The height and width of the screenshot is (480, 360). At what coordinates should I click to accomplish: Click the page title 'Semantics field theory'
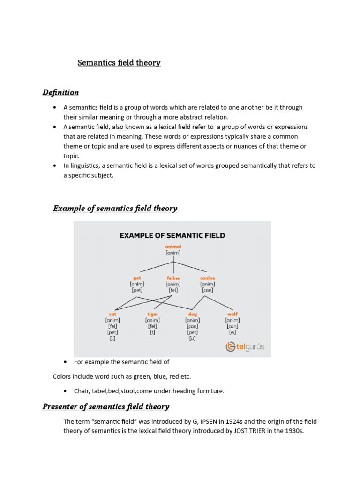coord(119,63)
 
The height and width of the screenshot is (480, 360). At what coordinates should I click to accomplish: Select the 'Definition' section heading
coord(60,92)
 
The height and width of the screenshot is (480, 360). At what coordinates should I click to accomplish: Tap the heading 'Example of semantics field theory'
coord(115,208)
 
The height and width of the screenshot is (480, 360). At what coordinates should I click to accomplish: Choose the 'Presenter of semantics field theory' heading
coord(106,406)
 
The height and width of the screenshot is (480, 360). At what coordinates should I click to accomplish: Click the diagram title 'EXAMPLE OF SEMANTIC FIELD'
coord(172,235)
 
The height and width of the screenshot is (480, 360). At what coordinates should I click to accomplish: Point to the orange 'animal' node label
coord(173,247)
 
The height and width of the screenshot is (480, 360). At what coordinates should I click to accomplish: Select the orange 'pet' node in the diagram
coord(137,278)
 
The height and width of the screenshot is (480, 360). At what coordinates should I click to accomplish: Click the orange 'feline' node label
coord(173,278)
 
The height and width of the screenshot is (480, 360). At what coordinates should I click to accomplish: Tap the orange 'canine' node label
coord(208,278)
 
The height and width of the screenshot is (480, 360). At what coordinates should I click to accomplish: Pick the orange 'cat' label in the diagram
coord(112,314)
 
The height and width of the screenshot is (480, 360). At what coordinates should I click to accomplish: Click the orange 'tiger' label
coord(152,314)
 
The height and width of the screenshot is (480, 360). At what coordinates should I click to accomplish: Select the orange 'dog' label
coord(192,314)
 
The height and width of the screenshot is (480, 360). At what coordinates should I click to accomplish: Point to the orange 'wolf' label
coord(232,314)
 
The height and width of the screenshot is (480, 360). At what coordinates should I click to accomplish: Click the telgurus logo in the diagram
coord(245,347)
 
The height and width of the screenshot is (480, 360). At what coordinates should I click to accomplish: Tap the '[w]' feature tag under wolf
coord(232,332)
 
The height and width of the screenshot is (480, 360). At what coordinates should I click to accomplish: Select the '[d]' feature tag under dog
coord(192,338)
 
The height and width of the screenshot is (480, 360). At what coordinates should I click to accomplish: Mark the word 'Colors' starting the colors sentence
coord(63,376)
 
